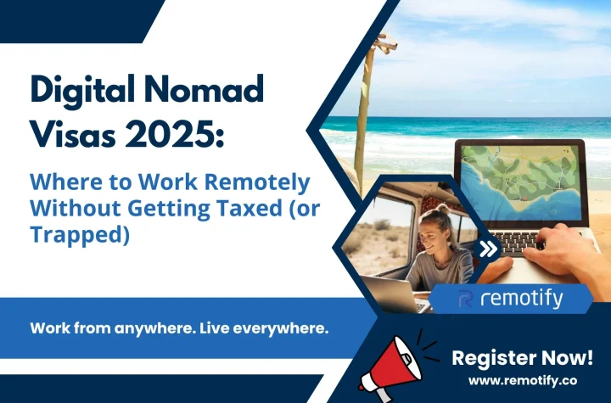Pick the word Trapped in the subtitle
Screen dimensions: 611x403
(x=80, y=235)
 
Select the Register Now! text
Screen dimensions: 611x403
(x=522, y=358)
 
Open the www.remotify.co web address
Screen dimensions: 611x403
(x=523, y=380)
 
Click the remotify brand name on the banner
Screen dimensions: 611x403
(x=522, y=299)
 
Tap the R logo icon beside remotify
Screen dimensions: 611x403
(x=466, y=299)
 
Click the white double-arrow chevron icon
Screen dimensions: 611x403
(x=488, y=249)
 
